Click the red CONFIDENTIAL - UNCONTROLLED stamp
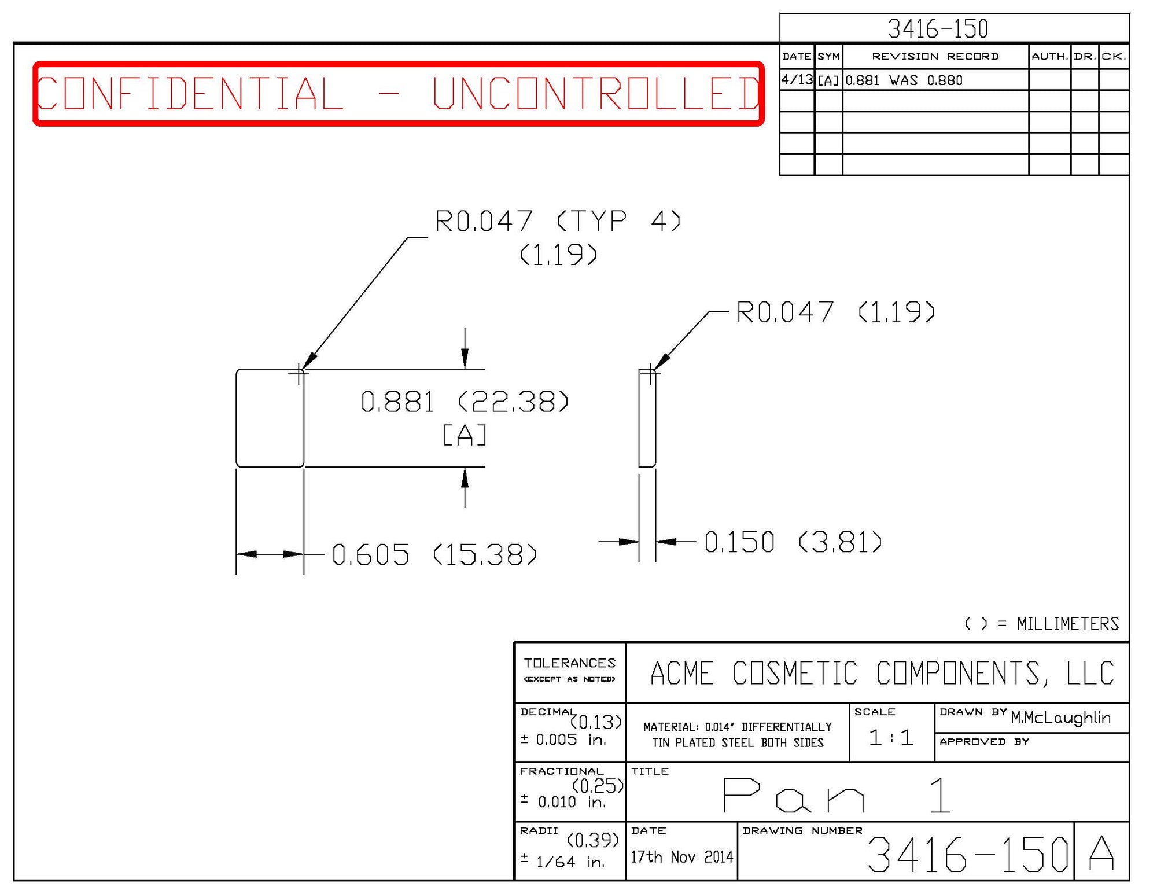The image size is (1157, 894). [398, 93]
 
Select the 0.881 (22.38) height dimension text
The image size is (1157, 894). [465, 402]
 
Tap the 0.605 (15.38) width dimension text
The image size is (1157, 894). [434, 554]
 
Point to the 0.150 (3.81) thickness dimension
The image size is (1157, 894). [793, 542]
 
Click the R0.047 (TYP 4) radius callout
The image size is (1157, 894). [558, 222]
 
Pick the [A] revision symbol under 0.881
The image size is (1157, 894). [465, 435]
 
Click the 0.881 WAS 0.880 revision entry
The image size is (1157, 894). [904, 80]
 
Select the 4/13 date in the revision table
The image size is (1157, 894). [797, 80]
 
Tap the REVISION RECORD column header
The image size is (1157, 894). [935, 56]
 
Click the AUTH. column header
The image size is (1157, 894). [1049, 56]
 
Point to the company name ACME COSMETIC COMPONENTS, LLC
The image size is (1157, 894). [882, 673]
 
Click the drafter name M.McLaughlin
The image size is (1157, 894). [1060, 718]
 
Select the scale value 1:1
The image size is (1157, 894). [891, 738]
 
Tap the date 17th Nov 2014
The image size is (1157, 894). [681, 856]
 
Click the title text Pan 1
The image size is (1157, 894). [836, 796]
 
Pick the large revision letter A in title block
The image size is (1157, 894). [1101, 853]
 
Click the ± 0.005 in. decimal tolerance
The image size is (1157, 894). [563, 740]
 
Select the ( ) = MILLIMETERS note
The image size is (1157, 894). [1041, 624]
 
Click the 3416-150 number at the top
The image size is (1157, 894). [938, 28]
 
